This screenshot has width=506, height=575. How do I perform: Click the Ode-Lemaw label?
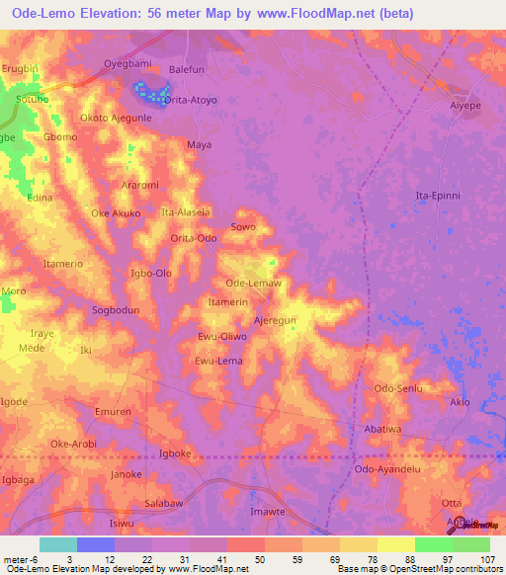pyautogui.click(x=254, y=284)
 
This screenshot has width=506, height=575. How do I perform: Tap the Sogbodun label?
pyautogui.click(x=116, y=309)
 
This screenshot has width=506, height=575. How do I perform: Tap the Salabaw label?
pyautogui.click(x=166, y=504)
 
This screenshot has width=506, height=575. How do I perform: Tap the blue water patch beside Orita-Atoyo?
pyautogui.click(x=150, y=96)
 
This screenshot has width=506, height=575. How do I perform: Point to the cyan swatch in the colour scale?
pyautogui.click(x=57, y=544)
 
